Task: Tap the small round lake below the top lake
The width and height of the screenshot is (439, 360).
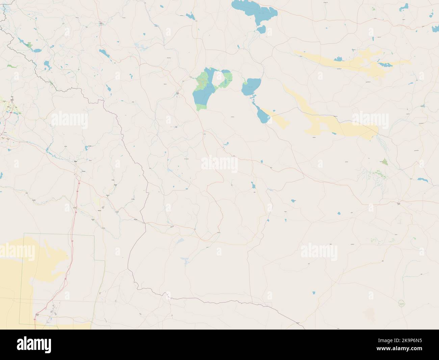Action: (261, 30)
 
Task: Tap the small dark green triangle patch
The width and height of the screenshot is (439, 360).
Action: (385, 162)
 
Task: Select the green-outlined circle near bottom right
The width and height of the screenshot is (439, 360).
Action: (402, 303)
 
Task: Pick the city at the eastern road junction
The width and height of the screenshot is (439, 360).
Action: (399, 203)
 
